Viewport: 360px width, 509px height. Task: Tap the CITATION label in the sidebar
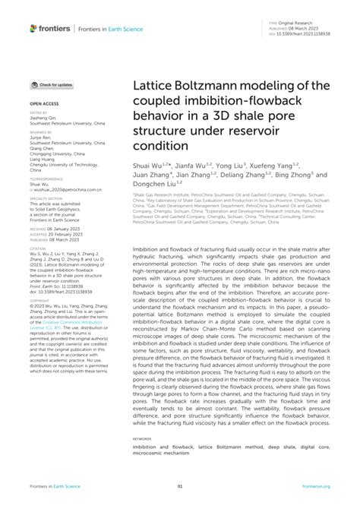click(x=38, y=248)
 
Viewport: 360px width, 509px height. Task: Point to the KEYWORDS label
click(x=141, y=438)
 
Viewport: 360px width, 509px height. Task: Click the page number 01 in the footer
click(x=180, y=486)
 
